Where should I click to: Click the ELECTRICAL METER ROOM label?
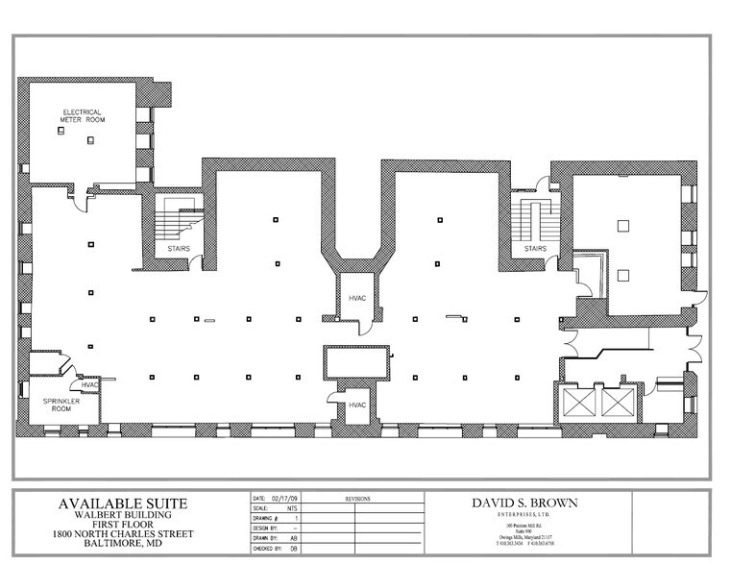pos(84,115)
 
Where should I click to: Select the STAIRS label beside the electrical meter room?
pos(179,249)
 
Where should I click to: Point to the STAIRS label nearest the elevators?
pos(534,249)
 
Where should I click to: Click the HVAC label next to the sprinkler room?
pos(89,385)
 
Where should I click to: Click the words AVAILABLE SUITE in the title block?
pos(124,504)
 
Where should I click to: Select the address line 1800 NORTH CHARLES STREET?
pos(124,534)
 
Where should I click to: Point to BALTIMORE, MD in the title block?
pos(124,544)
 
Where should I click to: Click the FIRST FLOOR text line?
pos(124,525)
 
